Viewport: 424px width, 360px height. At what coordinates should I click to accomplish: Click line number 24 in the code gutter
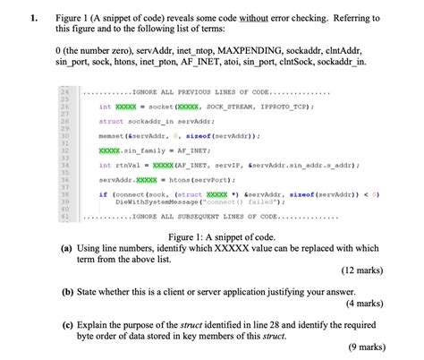(x=65, y=92)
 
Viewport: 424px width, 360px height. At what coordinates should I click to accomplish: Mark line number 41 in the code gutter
(x=65, y=217)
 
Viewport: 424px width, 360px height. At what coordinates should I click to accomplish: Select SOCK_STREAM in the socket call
(x=208, y=106)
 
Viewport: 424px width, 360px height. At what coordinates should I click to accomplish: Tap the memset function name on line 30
(x=113, y=135)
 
